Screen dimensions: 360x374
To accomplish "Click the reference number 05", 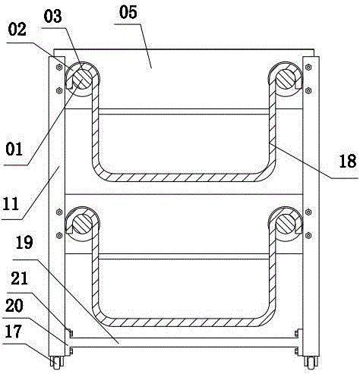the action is pos(128,12).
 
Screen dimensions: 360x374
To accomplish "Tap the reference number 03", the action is pos(52,17).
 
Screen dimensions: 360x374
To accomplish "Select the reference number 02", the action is pos(17,30).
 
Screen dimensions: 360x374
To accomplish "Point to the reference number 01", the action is pos(14,149).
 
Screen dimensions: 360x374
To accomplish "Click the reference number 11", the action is pos(11,204).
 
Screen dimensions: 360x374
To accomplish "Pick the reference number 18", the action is pos(348,161).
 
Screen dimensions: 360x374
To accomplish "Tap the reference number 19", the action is pos(24,243).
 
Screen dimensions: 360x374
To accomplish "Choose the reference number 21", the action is pos(19,278).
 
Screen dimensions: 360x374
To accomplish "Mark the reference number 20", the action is pos(14,305).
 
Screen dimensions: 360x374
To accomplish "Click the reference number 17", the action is pos(14,332).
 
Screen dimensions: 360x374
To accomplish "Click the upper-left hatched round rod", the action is pos(82,79).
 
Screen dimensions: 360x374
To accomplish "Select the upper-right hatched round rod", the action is pos(286,79).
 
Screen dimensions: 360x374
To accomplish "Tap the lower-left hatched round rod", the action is pos(82,224).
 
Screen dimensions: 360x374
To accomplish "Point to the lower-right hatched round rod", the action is pos(286,224).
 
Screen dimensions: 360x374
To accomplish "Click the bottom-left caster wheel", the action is pos(57,362).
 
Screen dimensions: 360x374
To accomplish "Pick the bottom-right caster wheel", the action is pos(311,363).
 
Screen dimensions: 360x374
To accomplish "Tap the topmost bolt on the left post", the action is pos(59,68).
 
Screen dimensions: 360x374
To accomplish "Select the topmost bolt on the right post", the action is pos(308,68).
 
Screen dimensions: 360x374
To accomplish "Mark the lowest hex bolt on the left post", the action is pos(59,236).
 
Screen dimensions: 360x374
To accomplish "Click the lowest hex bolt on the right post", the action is pos(308,236).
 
